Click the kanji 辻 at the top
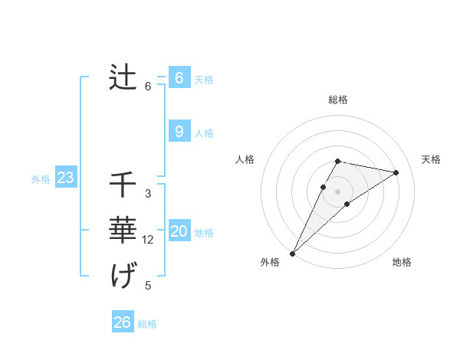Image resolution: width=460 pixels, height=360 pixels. tap(123, 77)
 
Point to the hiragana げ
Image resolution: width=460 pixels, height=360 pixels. tap(123, 274)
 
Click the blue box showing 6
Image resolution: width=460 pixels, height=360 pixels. tap(179, 77)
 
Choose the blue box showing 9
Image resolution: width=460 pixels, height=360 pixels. tap(179, 132)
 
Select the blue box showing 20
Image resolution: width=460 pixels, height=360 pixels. tap(179, 231)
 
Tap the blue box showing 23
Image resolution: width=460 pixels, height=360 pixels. tap(65, 178)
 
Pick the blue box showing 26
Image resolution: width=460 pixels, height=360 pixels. tap(122, 322)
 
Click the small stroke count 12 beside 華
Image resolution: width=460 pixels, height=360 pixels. tap(148, 240)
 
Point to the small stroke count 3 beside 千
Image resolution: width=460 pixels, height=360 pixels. tap(148, 194)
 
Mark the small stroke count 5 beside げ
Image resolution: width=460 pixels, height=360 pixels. tap(148, 286)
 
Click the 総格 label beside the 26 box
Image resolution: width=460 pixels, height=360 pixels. tap(147, 324)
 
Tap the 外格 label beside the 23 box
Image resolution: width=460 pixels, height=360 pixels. tap(41, 179)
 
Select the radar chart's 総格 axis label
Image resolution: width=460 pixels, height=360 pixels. tap(338, 100)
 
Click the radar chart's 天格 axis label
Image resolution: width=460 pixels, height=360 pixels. tap(431, 159)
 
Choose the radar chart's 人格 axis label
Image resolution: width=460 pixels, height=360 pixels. tap(245, 159)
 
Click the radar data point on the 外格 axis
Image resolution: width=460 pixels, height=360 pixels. tap(292, 253)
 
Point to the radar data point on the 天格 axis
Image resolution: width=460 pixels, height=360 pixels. tap(396, 172)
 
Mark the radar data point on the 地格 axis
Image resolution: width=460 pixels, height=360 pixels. tap(347, 204)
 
